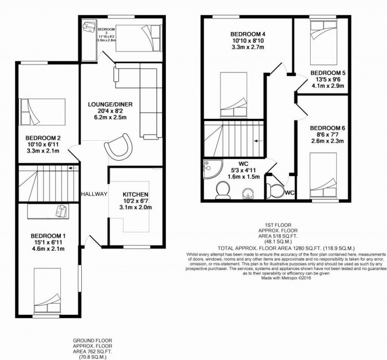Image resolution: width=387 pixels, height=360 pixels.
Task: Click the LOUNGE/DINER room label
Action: [114, 104]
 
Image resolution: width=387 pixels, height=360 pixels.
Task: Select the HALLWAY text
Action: [93, 194]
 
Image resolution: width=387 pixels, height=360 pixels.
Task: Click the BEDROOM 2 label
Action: [43, 137]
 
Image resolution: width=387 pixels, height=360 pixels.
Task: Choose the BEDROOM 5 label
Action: [328, 73]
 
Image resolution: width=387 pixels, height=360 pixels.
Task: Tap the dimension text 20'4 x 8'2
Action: [114, 112]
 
